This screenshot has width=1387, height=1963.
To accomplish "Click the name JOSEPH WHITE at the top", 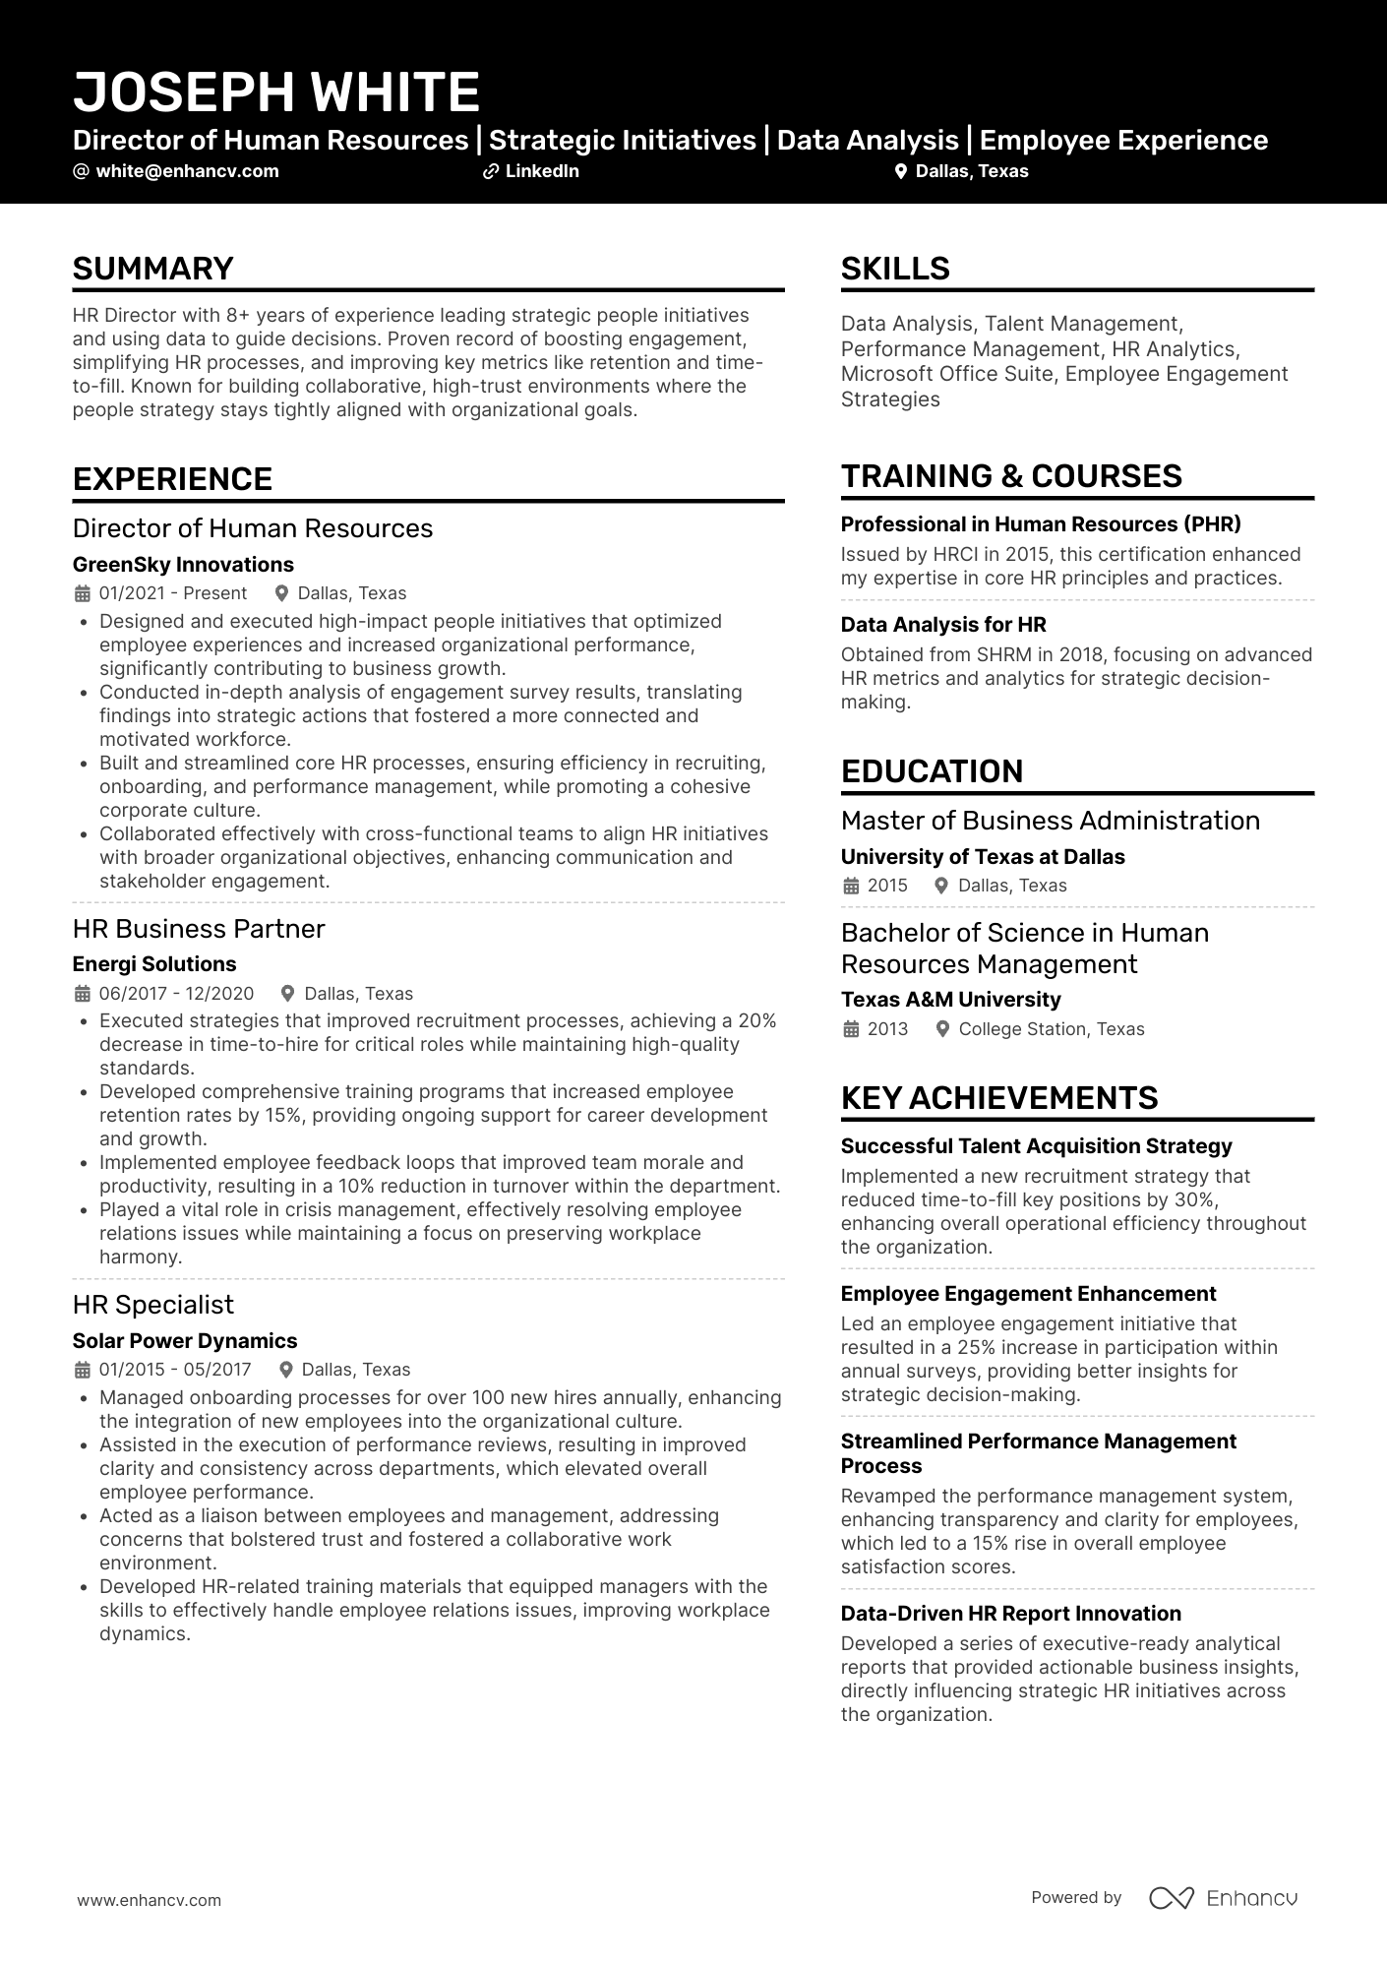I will click(x=276, y=92).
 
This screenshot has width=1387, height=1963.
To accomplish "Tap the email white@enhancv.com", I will click(x=187, y=171).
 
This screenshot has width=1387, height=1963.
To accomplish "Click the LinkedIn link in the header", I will click(x=541, y=171).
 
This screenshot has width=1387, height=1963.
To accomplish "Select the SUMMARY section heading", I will click(x=153, y=269).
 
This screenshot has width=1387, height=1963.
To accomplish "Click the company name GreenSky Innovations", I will click(x=183, y=565).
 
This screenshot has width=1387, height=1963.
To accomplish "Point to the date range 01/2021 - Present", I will click(x=172, y=593).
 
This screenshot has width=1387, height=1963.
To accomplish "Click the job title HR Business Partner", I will click(x=199, y=929).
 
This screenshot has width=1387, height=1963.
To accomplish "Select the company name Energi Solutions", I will click(x=154, y=964).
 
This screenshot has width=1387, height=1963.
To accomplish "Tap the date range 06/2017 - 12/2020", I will click(x=176, y=994).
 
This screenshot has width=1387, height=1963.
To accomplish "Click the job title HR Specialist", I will click(x=153, y=1305).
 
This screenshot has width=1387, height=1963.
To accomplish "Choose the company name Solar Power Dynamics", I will click(x=185, y=1341).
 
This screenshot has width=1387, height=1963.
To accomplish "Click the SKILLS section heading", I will click(x=895, y=269).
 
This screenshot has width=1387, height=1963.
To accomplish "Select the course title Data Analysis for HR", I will click(x=943, y=625).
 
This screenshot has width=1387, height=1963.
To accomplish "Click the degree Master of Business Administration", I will click(x=1050, y=821).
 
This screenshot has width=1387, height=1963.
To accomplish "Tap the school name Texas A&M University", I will click(x=950, y=1000).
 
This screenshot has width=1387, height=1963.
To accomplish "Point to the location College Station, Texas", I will click(x=1051, y=1029).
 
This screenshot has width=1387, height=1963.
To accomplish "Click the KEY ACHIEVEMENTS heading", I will click(x=999, y=1098).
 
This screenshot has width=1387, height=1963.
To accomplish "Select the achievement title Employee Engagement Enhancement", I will click(x=1028, y=1294).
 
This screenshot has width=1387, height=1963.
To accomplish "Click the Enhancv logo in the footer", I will click(x=1224, y=1898).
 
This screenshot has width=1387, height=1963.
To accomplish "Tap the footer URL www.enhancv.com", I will click(x=150, y=1901).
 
